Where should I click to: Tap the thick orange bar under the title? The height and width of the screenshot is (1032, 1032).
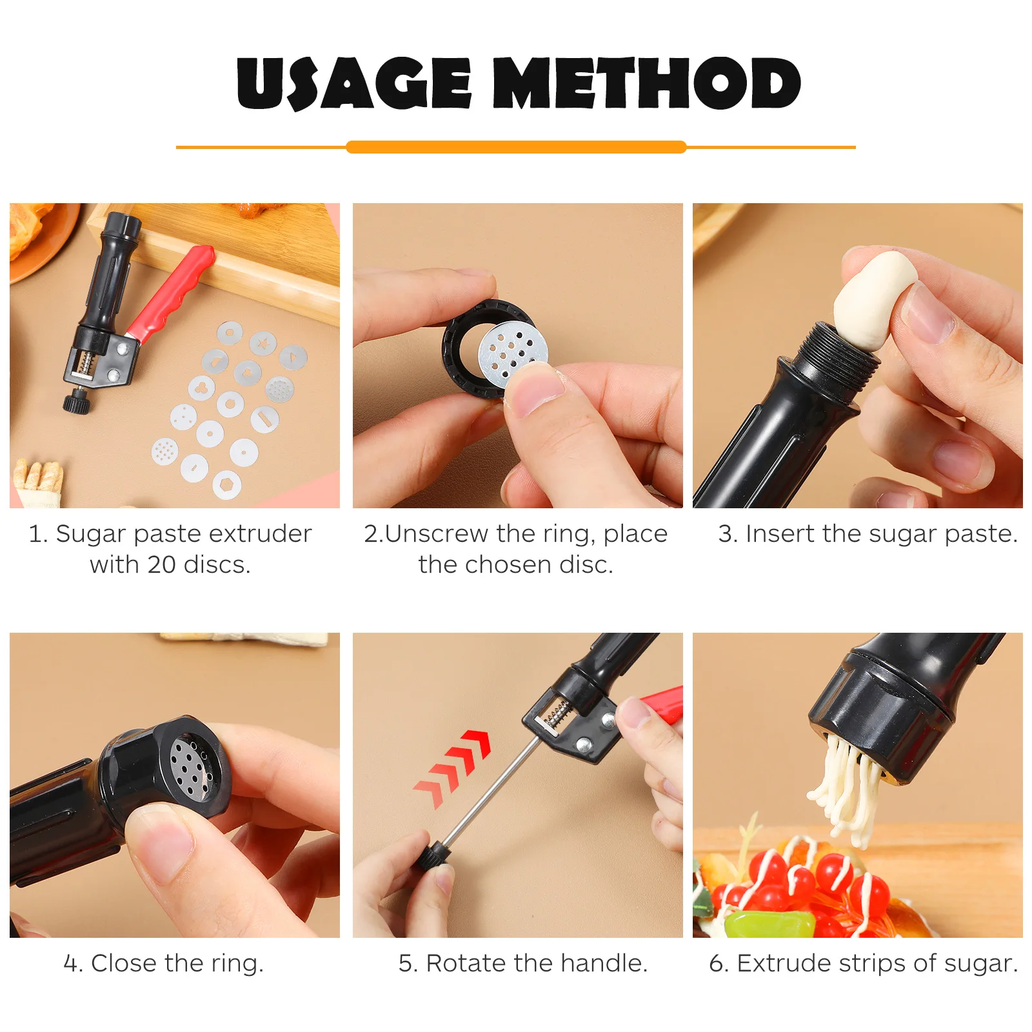516,147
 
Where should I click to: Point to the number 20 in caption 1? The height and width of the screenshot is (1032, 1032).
161,565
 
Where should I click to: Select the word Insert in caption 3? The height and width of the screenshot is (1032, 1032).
780,534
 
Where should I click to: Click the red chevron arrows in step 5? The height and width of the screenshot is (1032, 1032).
455,768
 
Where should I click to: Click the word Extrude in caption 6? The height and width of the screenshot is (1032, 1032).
784,964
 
